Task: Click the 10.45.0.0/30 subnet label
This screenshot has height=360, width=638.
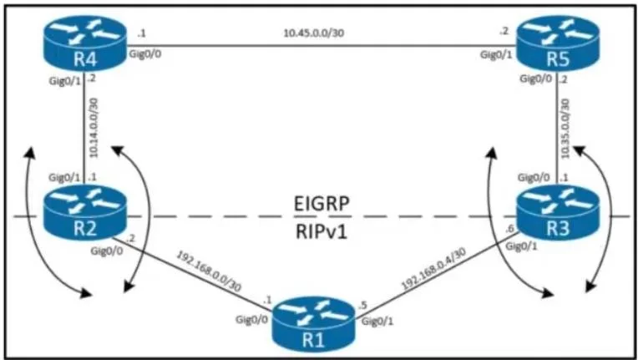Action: (x=314, y=33)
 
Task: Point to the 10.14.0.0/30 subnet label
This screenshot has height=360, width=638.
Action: (x=94, y=129)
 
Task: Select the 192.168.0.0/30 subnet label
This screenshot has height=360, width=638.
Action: (x=208, y=271)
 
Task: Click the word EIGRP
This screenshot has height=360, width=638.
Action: (x=322, y=204)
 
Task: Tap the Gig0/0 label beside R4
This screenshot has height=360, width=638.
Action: (x=144, y=53)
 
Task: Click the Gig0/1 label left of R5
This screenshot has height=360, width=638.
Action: (x=495, y=54)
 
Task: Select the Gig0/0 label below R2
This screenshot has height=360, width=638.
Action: (x=107, y=251)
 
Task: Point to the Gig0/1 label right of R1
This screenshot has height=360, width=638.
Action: (x=377, y=322)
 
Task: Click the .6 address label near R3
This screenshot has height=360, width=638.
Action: (x=509, y=229)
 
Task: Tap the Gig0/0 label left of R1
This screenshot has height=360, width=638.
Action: (x=252, y=320)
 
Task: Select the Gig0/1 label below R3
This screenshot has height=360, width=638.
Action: (x=521, y=247)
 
